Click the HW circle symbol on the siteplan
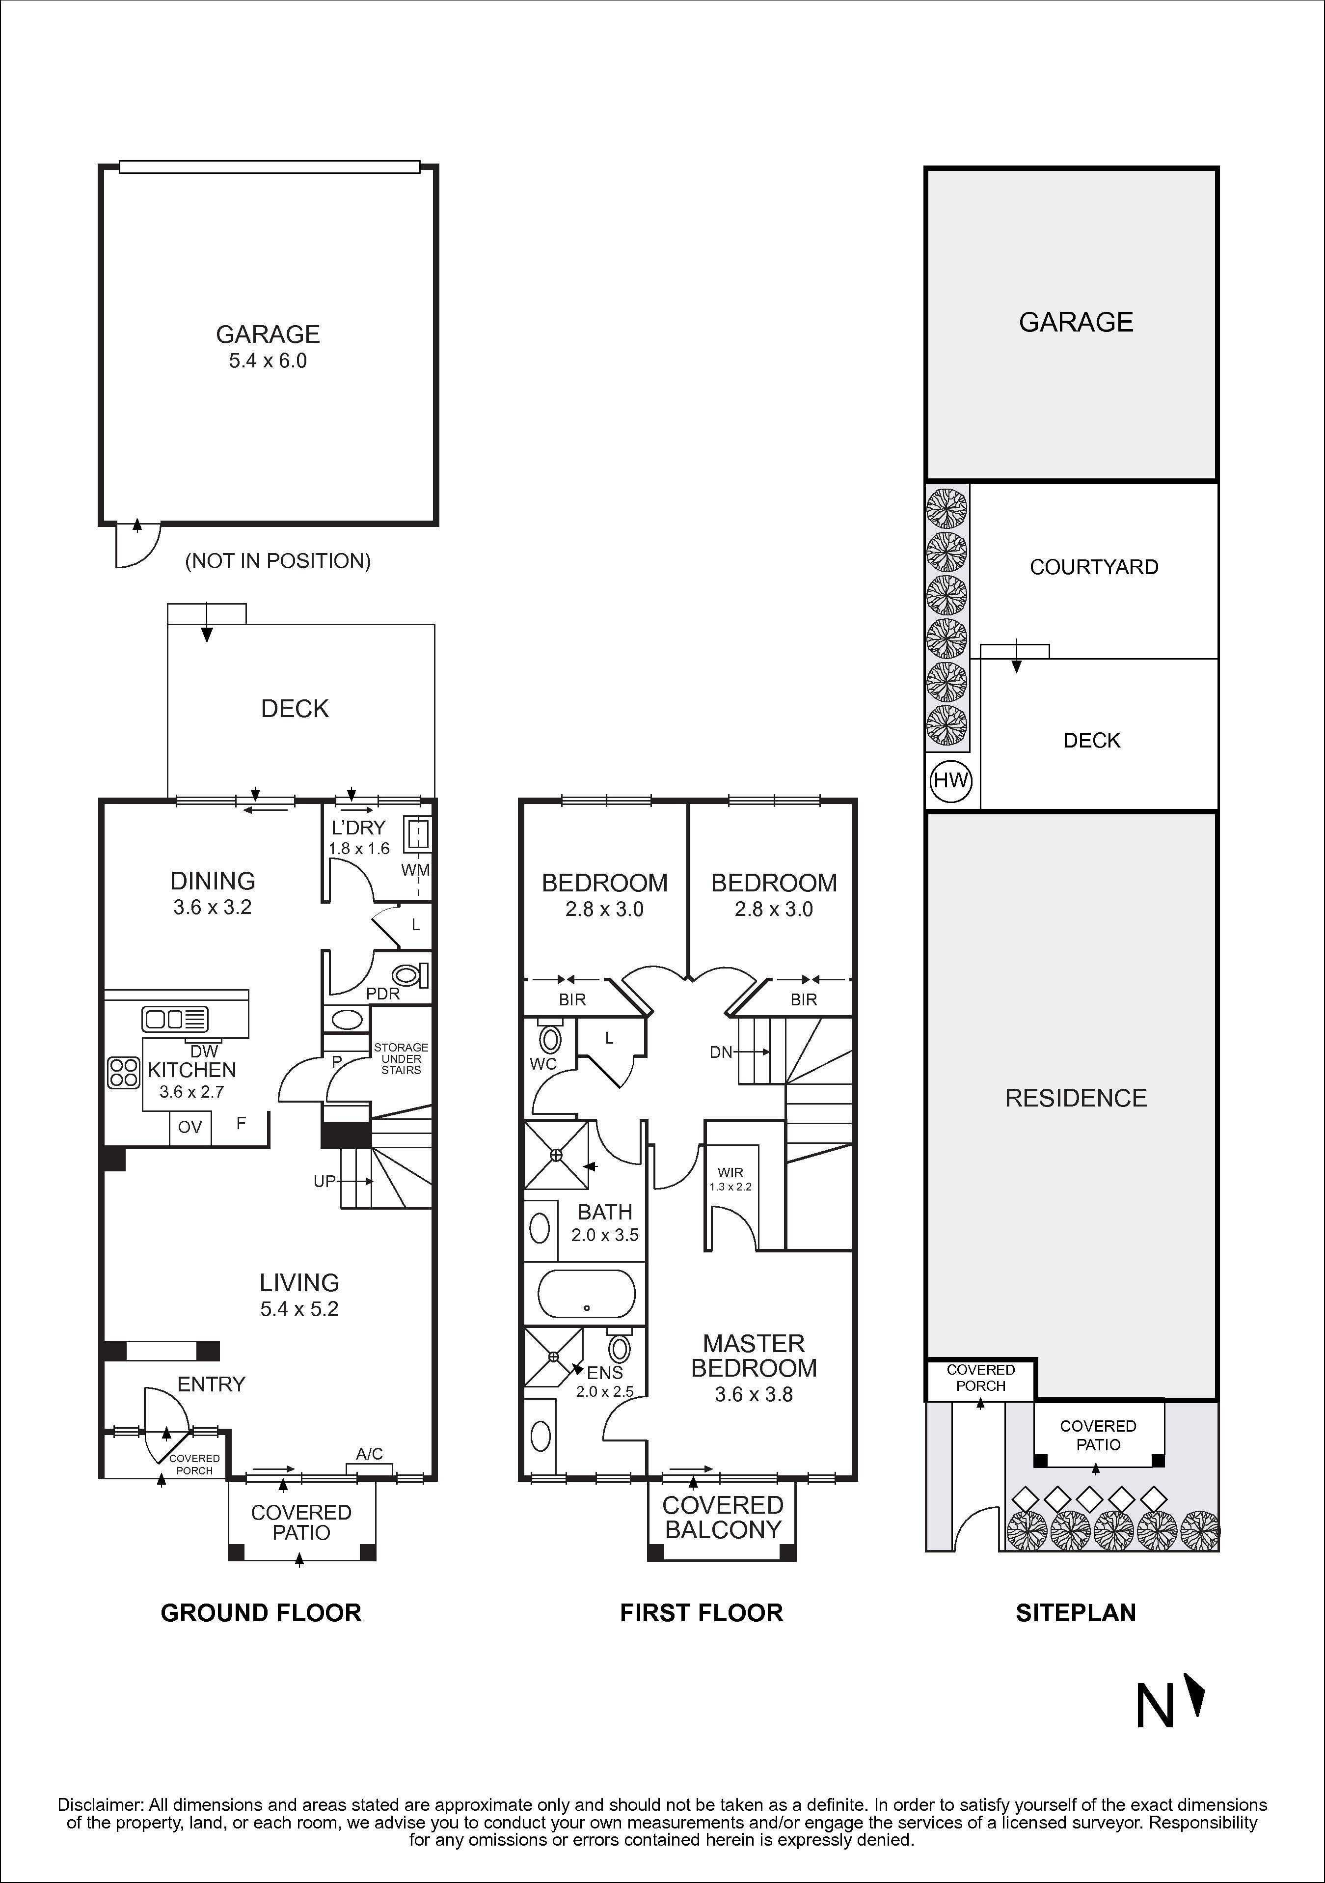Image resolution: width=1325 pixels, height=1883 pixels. point(951,780)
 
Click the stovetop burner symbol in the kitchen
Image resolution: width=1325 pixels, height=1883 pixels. point(124,1073)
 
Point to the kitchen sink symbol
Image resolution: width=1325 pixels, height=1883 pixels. point(175,1020)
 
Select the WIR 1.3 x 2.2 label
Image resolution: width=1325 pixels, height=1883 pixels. point(730,1179)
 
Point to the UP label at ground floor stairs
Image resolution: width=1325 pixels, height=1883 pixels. point(324,1181)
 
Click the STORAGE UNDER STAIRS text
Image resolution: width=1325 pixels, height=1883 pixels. point(401,1059)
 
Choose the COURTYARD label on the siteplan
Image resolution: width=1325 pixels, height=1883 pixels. point(1094,567)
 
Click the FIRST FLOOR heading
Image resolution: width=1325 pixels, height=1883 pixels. point(701,1613)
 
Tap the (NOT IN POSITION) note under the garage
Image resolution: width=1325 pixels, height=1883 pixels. point(278,561)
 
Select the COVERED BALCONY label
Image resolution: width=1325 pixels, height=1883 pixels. point(722,1517)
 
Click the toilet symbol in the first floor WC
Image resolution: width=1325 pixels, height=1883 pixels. point(551,1040)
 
